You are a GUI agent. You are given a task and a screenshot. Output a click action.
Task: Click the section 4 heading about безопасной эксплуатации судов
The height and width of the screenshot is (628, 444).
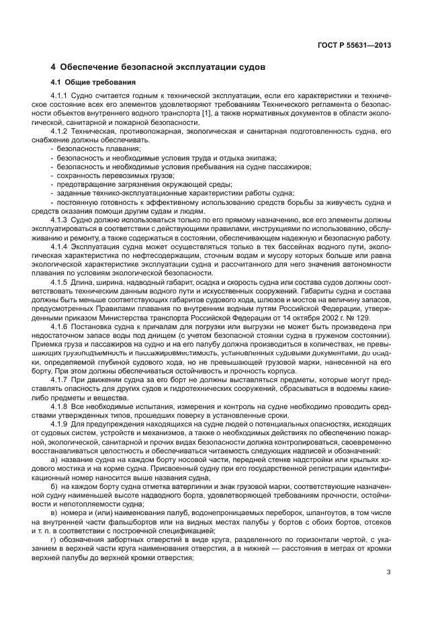(x=159, y=67)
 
